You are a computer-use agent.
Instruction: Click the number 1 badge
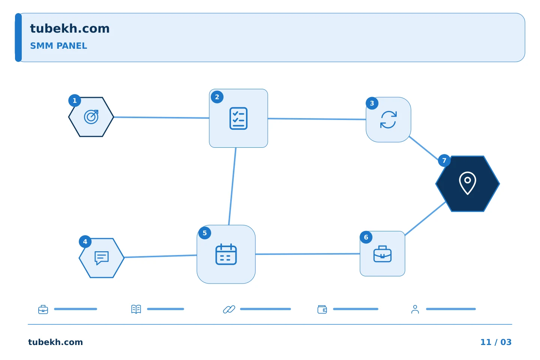75,100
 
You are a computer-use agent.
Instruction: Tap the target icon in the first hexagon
91,117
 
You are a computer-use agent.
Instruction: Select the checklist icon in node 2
238,118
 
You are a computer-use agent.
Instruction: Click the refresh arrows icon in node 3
388,120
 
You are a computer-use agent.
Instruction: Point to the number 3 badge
372,103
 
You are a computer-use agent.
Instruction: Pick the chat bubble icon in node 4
102,258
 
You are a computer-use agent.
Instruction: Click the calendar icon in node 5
226,254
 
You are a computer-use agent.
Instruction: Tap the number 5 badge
205,233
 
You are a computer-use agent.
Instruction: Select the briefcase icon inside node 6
382,253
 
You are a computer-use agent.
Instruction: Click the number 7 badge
444,160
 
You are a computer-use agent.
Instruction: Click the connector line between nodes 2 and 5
232,186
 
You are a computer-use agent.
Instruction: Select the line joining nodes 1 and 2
162,118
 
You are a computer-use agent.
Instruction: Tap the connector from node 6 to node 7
425,219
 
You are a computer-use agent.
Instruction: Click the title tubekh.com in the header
70,28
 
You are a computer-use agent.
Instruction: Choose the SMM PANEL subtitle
58,46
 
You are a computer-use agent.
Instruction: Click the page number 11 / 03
496,342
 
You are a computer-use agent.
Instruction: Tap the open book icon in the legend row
136,309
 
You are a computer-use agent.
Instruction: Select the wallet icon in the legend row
322,309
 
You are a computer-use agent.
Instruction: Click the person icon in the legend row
415,309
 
